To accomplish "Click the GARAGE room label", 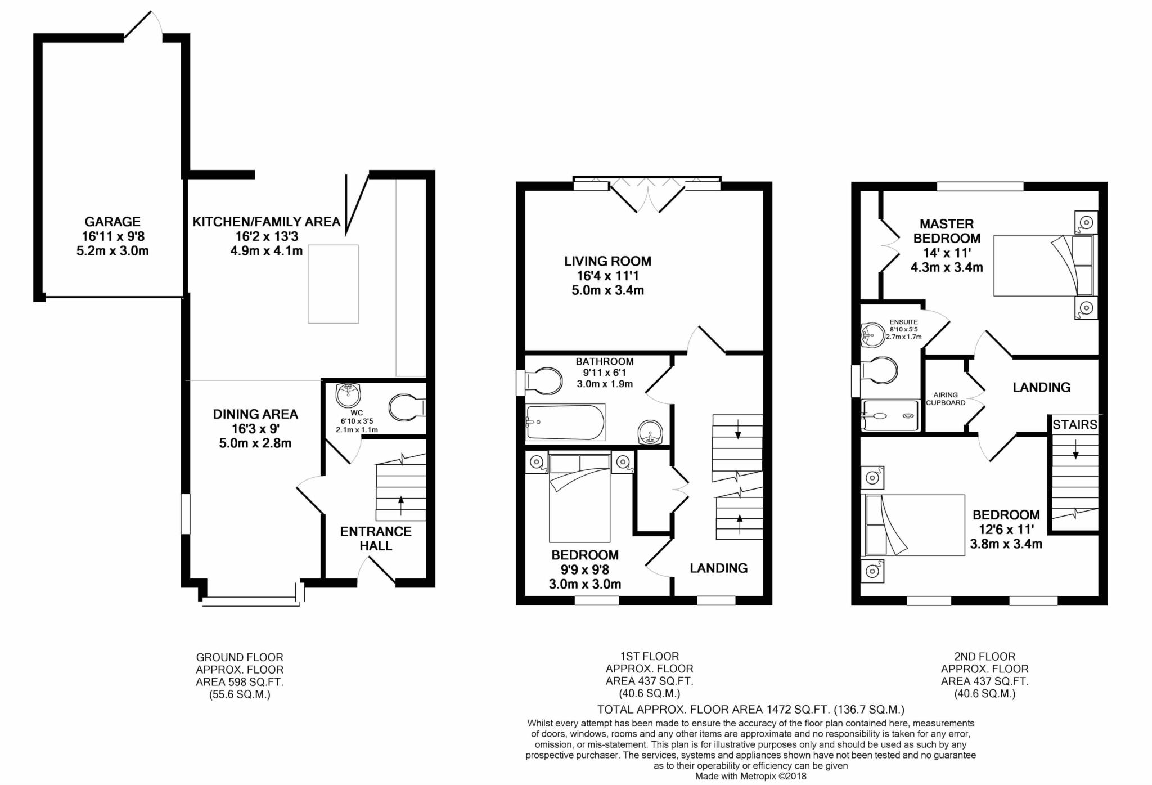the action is (112, 222).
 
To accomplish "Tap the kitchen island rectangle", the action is (333, 284).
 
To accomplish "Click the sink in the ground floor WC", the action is (349, 395).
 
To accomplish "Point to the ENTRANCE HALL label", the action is (376, 539).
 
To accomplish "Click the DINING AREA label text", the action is (255, 414).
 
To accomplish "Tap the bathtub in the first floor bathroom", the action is (565, 422).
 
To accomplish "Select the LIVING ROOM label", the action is (607, 261).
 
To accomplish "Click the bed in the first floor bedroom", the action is (580, 498).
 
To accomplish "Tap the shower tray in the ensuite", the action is (890, 415).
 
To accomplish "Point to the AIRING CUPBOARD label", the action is (946, 399).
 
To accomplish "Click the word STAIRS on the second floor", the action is (1075, 425).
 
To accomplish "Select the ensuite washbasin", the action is (873, 335).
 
